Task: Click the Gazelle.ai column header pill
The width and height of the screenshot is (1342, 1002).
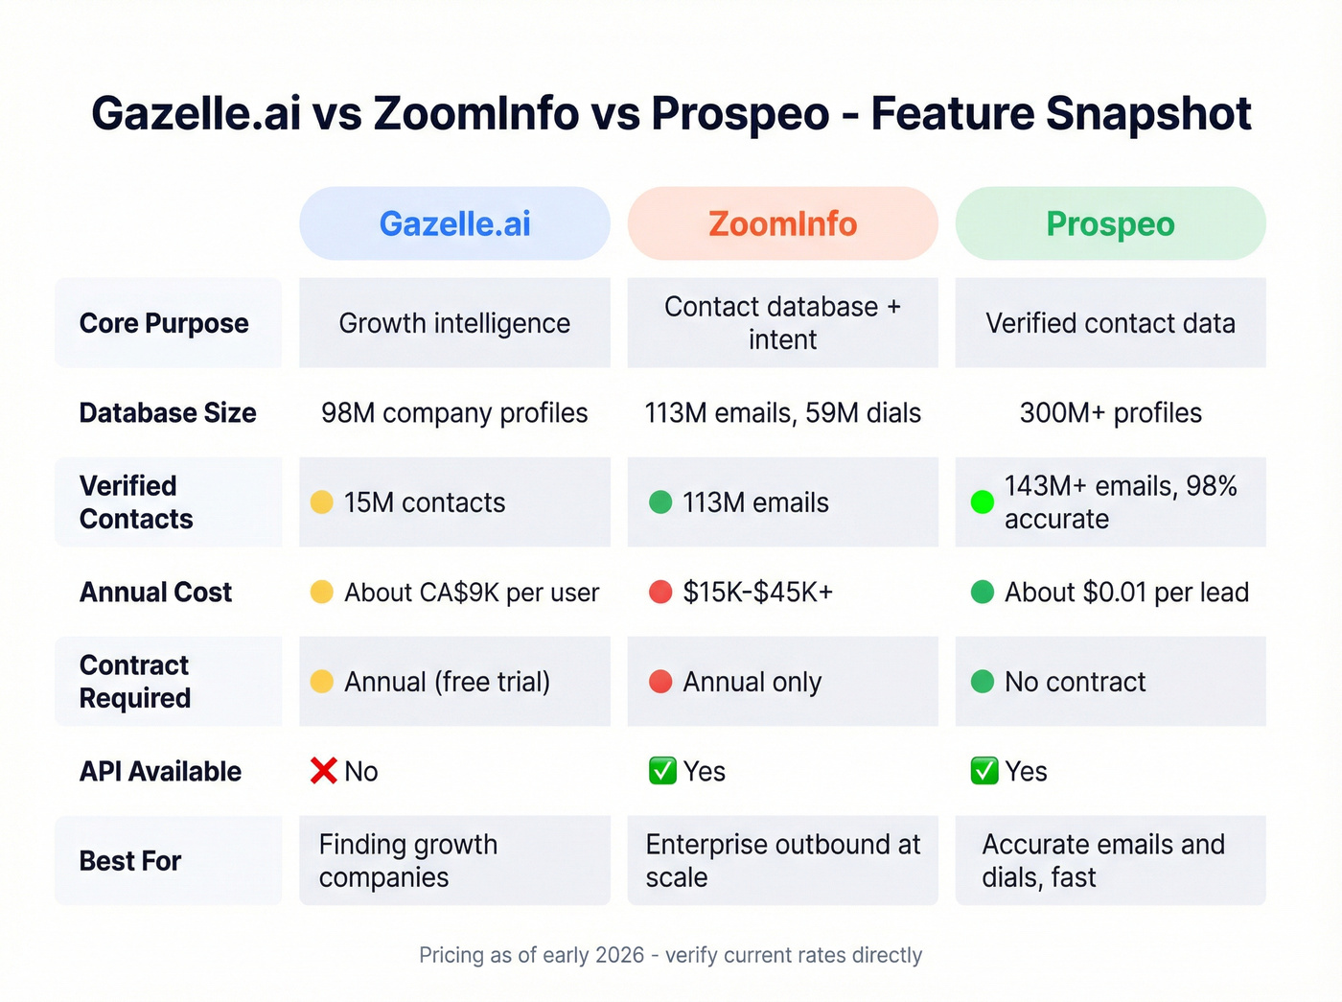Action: point(454,223)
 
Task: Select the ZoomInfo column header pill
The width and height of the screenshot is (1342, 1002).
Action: point(782,223)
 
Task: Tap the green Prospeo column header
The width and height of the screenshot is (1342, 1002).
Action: point(1110,223)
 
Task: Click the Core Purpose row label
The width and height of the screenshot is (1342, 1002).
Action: point(164,323)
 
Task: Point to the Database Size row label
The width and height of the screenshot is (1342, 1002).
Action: point(168,413)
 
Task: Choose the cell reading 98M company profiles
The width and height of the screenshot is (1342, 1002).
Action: point(454,413)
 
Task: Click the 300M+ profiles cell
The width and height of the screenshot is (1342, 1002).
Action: point(1110,413)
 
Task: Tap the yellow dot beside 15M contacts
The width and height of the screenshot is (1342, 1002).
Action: point(322,502)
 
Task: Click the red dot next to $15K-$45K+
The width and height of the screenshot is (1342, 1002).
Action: point(660,592)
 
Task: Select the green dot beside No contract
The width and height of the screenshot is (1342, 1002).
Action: point(983,682)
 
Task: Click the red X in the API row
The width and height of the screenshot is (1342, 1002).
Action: point(324,771)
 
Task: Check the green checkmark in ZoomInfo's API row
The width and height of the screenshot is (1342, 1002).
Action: point(662,771)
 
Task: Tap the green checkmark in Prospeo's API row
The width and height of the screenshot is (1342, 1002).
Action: point(984,771)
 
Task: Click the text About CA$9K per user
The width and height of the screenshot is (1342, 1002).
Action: point(472,593)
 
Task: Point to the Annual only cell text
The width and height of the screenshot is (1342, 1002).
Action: point(752,682)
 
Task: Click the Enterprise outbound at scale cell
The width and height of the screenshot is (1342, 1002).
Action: point(782,860)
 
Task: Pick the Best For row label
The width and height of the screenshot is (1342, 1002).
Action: point(130,861)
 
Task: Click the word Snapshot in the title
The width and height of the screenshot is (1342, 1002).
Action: point(1148,113)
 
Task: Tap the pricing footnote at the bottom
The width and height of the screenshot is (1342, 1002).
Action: point(670,955)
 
